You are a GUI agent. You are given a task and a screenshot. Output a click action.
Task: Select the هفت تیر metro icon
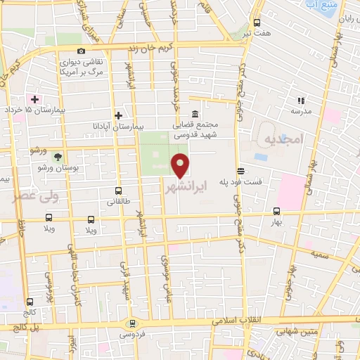point(256,22)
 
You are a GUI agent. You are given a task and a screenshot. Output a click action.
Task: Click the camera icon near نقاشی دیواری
point(82,51)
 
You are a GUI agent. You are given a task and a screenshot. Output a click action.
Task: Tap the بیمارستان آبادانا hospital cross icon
point(118,115)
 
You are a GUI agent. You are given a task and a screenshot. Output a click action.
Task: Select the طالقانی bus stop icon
point(117,191)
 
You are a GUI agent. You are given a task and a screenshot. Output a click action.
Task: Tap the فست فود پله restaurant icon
point(240,170)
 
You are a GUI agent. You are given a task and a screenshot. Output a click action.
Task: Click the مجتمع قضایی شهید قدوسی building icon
point(195,115)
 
